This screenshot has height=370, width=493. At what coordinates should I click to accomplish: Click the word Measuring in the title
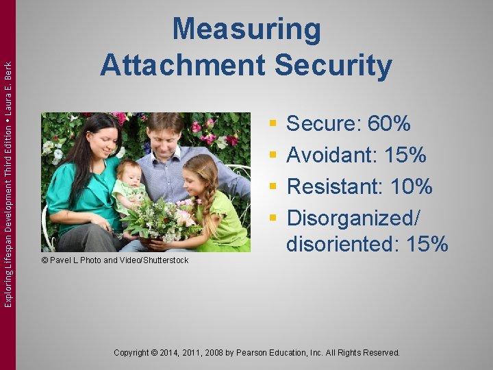pyautogui.click(x=246, y=30)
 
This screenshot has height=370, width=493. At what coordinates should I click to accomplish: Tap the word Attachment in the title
pyautogui.click(x=181, y=65)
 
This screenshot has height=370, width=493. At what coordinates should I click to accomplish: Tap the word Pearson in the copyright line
pyautogui.click(x=251, y=353)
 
